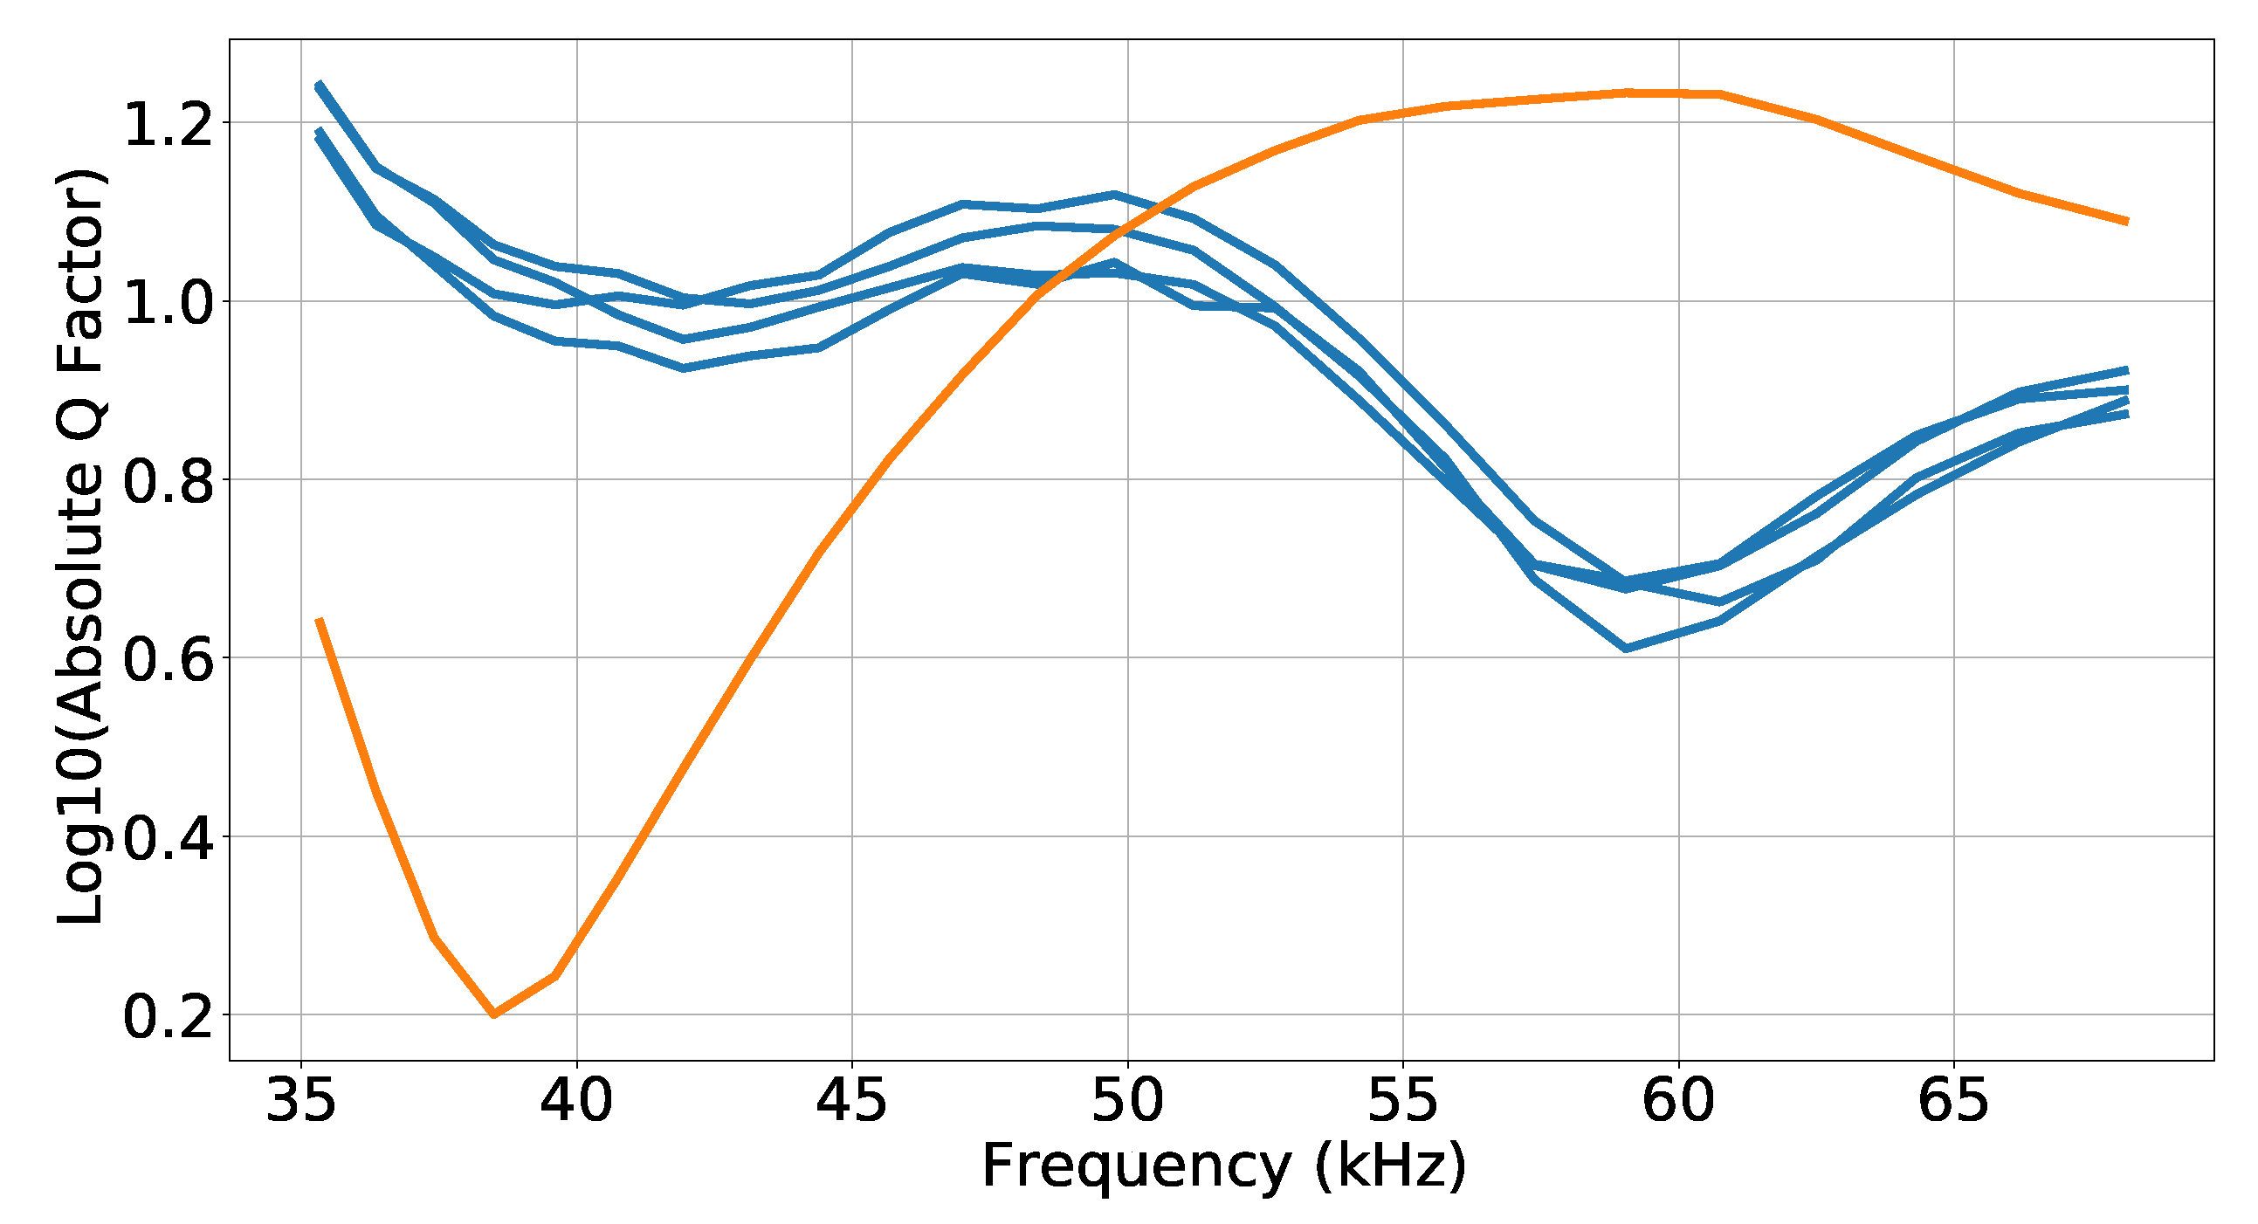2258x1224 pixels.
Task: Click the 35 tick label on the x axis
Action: [300, 1101]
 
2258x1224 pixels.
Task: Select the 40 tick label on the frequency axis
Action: [576, 1101]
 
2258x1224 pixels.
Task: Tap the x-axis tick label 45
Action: [851, 1101]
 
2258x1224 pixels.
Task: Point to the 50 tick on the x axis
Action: [1127, 1101]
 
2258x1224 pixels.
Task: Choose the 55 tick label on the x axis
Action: [1402, 1101]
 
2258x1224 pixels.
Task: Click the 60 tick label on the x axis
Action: [1677, 1101]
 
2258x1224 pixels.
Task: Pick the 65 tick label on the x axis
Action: [1953, 1101]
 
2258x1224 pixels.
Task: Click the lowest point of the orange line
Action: [494, 1014]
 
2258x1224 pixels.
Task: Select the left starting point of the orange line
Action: [319, 620]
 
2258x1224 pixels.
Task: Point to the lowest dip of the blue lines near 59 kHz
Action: [1627, 650]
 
